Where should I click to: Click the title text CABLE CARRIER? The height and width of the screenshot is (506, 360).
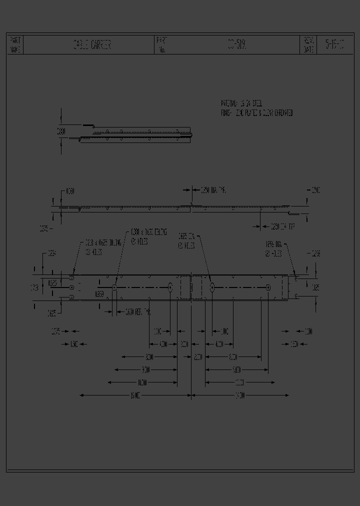(91, 45)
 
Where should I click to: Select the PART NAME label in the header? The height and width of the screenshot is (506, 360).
(15, 45)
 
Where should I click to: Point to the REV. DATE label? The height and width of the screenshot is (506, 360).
(308, 45)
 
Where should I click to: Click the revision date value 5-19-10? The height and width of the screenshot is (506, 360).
(334, 45)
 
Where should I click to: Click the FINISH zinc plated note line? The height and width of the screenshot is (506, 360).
(257, 113)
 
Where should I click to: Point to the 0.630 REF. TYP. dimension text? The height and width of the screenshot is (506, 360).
(138, 311)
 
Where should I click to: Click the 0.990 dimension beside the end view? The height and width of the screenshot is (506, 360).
(60, 131)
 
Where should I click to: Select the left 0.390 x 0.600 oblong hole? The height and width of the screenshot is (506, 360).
(114, 287)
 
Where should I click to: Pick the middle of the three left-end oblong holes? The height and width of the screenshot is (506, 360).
(71, 287)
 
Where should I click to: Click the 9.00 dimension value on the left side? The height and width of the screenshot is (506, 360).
(145, 370)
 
